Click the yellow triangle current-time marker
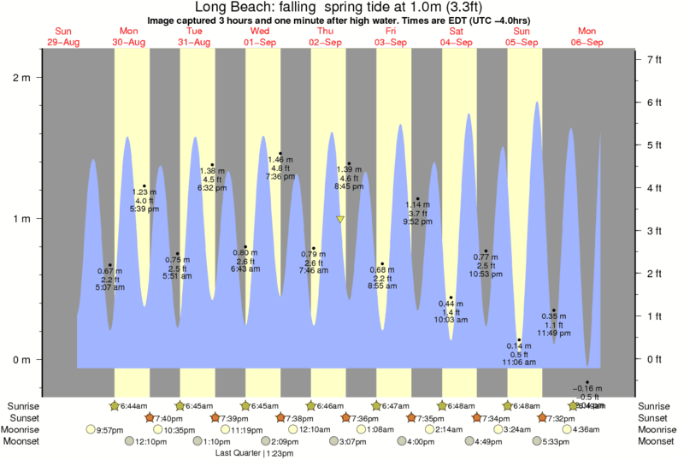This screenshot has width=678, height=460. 340,220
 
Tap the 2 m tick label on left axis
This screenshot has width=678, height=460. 21,78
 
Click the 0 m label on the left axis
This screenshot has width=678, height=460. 21,359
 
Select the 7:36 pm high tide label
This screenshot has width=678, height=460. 280,176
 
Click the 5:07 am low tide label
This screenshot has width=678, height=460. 109,287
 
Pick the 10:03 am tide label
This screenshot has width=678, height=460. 451,320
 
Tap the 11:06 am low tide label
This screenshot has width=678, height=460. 518,363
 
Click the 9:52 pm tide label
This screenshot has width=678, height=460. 418,221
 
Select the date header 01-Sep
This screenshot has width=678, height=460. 260,42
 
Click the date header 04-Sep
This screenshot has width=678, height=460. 457,42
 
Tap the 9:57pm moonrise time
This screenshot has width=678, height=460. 113,429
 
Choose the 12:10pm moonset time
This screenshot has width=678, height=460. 151,441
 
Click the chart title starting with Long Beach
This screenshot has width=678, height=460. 339,7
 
